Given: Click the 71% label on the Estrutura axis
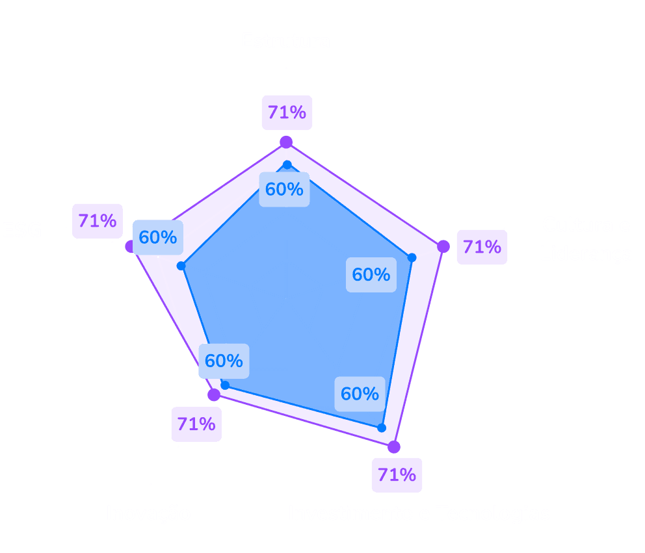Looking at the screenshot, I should point(287,113).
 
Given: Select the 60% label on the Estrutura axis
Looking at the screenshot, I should point(284,190).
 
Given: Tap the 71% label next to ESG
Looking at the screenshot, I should point(98,221).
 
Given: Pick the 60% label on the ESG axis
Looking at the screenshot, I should point(158,237).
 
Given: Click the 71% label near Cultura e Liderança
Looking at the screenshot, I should point(482,247).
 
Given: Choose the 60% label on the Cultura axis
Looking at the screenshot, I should point(371,275).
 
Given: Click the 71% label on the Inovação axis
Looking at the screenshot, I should point(196,424).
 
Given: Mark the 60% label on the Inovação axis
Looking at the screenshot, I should point(224,360).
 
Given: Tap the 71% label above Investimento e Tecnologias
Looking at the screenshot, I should point(397,474).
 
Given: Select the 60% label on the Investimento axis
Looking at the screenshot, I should point(360,394).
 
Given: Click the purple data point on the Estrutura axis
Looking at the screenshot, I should point(285,143).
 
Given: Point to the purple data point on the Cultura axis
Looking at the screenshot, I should point(443,246).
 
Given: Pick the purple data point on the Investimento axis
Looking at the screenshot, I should point(393,446).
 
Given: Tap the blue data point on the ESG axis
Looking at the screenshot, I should point(181,266).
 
